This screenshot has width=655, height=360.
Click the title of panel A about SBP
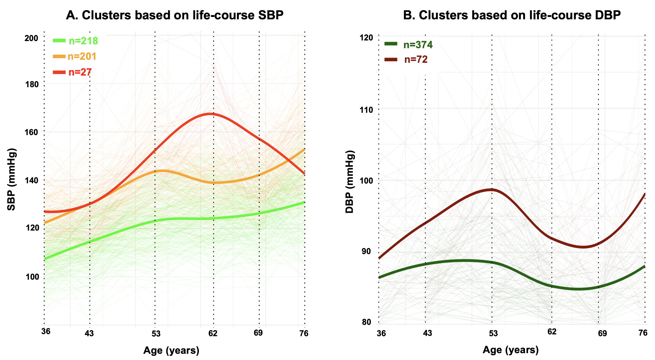pyautogui.click(x=174, y=15)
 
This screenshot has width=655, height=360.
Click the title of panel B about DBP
pyautogui.click(x=512, y=15)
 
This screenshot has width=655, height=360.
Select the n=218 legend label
pyautogui.click(x=83, y=41)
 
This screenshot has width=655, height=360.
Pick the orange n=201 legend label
pyautogui.click(x=82, y=57)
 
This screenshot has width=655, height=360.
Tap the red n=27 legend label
pyautogui.click(x=80, y=72)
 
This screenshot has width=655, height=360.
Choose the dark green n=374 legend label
pyautogui.click(x=418, y=45)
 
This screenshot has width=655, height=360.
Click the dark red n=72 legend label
pyautogui.click(x=416, y=60)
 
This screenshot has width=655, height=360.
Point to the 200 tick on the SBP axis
pyautogui.click(x=31, y=38)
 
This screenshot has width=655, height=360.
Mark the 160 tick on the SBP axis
pyautogui.click(x=31, y=132)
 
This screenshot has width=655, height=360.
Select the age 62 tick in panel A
pyautogui.click(x=213, y=333)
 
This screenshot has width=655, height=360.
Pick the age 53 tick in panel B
pyautogui.click(x=493, y=333)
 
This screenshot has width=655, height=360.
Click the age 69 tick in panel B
pyautogui.click(x=602, y=333)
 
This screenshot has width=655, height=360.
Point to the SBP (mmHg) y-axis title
pyautogui.click(x=12, y=179)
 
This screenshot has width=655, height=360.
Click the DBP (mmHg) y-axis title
pyautogui.click(x=350, y=181)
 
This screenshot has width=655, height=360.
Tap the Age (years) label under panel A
pyautogui.click(x=171, y=350)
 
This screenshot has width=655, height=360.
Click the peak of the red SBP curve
pyautogui.click(x=211, y=114)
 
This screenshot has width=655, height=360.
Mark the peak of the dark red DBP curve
pyautogui.click(x=491, y=189)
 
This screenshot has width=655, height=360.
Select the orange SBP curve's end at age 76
pyautogui.click(x=304, y=149)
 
